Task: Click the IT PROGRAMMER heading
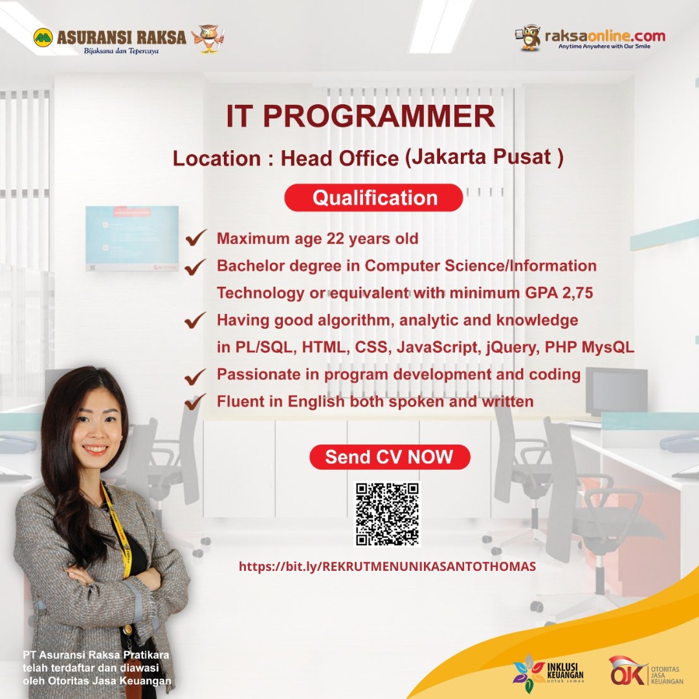tap(361, 116)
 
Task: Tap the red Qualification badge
tap(374, 197)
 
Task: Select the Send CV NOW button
tap(389, 457)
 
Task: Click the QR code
tap(388, 514)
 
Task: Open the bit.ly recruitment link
tap(387, 566)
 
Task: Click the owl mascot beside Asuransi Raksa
tap(208, 38)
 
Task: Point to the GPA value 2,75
tap(575, 293)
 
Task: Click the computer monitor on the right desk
tap(616, 390)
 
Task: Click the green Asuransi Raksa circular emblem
tap(43, 37)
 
